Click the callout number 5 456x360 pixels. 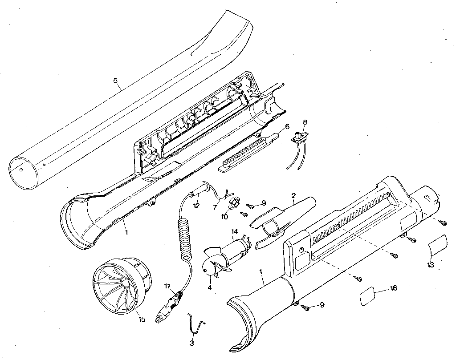115,81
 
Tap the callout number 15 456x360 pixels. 142,319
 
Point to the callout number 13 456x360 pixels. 430,265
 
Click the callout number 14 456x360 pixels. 235,231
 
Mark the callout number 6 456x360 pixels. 287,127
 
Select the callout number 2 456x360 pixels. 293,195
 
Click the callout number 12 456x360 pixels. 196,206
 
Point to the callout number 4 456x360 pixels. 210,287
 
